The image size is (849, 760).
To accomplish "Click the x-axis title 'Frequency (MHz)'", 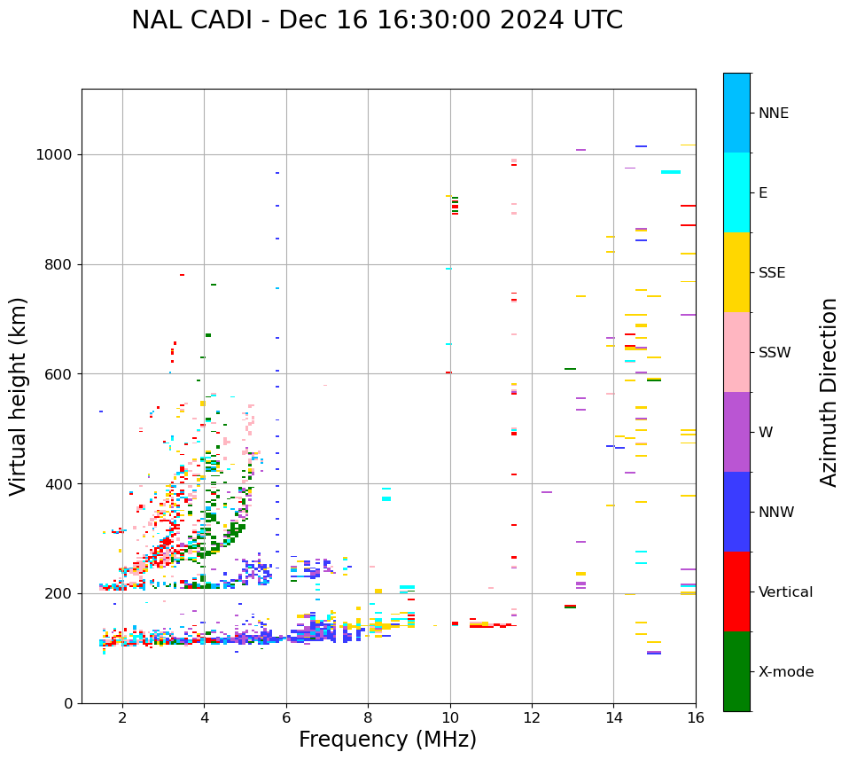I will click(x=387, y=740).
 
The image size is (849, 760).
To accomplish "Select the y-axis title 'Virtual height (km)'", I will click(x=19, y=396).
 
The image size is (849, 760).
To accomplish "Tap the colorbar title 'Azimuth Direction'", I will click(x=829, y=392).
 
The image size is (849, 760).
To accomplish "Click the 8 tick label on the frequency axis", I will click(x=368, y=717).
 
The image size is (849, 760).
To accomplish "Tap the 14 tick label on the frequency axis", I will click(x=613, y=717).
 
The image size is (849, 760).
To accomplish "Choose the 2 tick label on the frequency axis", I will click(x=122, y=717).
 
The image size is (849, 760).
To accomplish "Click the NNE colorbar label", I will click(x=773, y=114).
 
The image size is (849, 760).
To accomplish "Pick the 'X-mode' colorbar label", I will click(x=785, y=672).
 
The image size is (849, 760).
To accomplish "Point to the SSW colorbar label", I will click(x=775, y=353).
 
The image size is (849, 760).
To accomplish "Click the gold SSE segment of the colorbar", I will click(x=736, y=272).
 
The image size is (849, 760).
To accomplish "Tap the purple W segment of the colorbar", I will click(x=736, y=432).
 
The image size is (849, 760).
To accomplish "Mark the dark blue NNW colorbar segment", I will click(x=736, y=512).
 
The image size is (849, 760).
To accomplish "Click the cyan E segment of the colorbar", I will click(x=736, y=192).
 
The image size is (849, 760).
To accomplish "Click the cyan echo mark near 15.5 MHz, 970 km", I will click(x=671, y=172).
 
